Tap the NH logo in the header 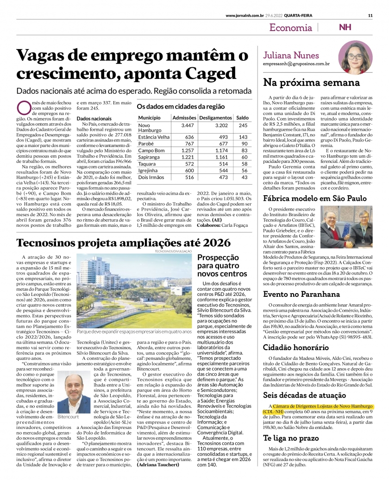pyautogui.click(x=345, y=27)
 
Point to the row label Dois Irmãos pyautogui.click(x=151, y=177)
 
